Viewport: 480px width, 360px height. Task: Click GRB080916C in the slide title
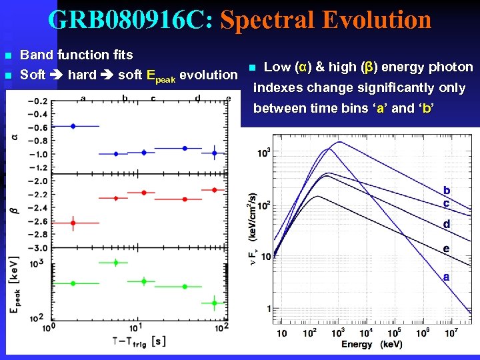129,20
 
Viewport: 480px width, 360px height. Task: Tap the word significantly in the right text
395,87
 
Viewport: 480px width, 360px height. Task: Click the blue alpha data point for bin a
73,125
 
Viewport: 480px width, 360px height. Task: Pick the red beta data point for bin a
73,223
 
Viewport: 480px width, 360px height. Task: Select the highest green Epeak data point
116,262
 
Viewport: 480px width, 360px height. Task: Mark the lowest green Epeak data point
214,303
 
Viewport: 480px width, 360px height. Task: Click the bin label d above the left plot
197,99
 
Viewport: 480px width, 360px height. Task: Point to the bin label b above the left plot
125,99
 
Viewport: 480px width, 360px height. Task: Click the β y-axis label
15,210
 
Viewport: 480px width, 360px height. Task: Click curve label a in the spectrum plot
446,276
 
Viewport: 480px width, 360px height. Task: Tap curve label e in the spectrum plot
446,249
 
